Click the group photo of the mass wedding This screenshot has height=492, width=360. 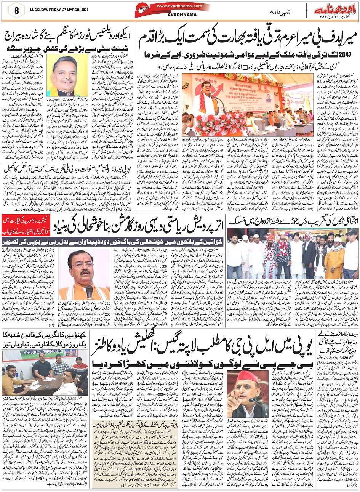pyautogui.click(x=293, y=255)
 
